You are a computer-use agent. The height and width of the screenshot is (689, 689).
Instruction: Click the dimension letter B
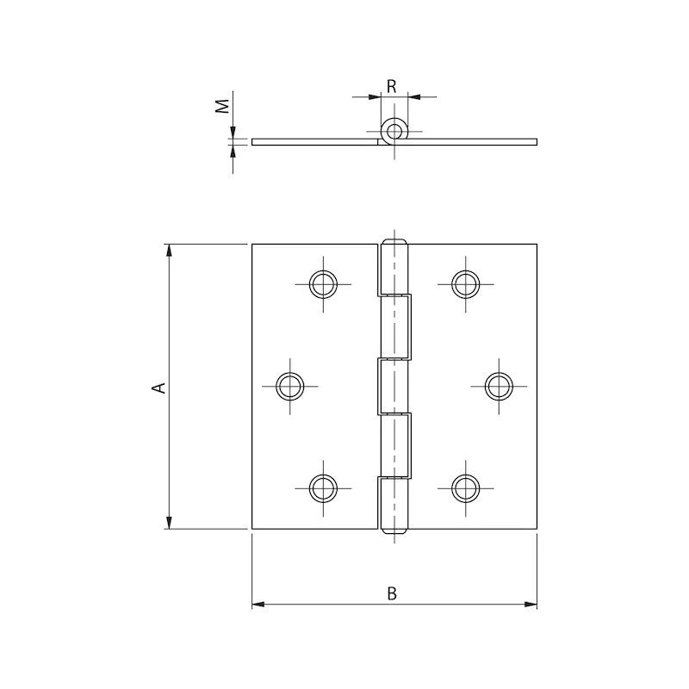pos(392,593)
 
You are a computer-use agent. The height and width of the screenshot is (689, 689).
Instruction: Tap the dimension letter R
pos(392,87)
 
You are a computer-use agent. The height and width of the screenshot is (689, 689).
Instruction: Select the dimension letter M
pos(223,106)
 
